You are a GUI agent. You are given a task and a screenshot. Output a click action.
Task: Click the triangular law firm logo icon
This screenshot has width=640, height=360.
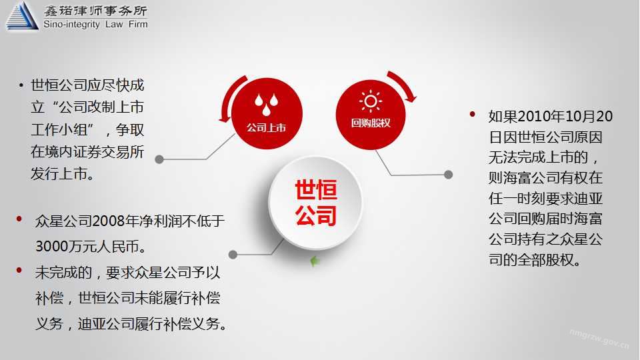coord(22,15)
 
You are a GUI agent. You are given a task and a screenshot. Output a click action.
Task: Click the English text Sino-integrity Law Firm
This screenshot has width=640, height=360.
coord(95,25)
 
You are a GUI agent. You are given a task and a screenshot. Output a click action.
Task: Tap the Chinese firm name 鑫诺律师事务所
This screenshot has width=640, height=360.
coord(95,10)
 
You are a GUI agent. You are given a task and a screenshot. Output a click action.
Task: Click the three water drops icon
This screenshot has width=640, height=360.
coord(266,104)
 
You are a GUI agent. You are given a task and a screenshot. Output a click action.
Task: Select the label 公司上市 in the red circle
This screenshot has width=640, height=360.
coord(266,128)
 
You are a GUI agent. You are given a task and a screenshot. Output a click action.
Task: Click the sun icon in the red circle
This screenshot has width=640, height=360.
coord(371,101)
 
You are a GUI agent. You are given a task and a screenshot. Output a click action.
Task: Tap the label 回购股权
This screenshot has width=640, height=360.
coord(371,123)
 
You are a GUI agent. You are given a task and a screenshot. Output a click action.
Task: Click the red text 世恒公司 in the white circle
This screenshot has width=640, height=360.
coord(316,203)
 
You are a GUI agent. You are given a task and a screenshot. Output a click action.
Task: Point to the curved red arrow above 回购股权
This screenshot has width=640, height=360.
coord(404,85)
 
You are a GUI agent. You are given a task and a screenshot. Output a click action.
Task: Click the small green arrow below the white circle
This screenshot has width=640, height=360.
coord(314,261)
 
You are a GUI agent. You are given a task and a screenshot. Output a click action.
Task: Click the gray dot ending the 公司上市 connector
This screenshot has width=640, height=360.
coord(159,159)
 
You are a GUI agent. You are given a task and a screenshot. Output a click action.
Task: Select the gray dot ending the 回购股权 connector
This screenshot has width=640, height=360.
coord(448,175)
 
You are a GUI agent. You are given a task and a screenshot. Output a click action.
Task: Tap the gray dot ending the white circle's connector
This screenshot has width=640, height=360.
coord(233,255)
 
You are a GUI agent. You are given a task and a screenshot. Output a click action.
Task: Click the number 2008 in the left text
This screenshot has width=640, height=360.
coord(109,221)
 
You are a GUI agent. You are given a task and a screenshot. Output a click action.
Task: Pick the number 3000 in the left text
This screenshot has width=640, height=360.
coord(52,247)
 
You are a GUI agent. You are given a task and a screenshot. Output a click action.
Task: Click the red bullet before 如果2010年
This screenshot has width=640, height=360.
coord(472,114)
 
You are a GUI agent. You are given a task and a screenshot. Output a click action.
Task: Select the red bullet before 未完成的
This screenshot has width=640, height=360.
coord(19,270)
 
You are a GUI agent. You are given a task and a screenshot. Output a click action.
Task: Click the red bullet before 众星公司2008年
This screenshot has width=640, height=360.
coord(19,219)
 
